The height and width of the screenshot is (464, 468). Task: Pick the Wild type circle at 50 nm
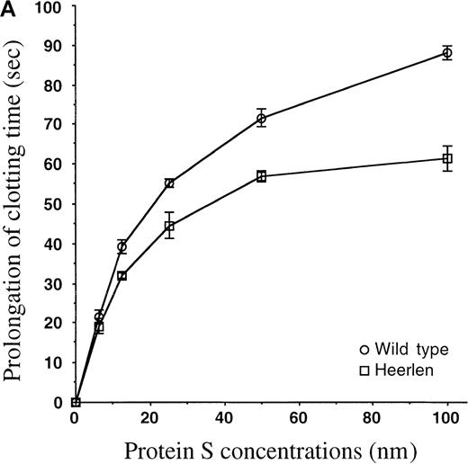pos(261,119)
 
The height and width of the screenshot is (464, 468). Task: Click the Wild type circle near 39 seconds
pos(121,246)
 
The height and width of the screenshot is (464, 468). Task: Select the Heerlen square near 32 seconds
pos(121,275)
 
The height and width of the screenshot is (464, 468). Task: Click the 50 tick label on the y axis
pos(56,204)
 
